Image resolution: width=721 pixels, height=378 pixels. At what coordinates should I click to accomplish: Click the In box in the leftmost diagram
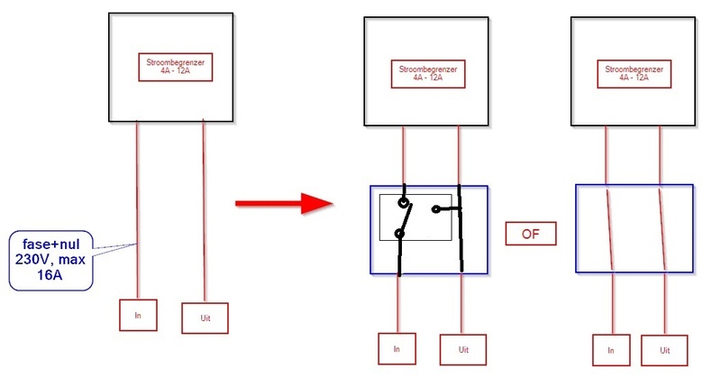(x=137, y=314)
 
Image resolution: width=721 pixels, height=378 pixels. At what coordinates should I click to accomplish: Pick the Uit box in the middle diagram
(x=463, y=348)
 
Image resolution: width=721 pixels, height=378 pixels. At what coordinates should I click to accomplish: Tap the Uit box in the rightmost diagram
(x=664, y=349)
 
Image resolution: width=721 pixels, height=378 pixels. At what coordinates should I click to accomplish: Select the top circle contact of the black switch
(x=404, y=203)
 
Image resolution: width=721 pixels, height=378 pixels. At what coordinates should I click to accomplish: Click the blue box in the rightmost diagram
(x=634, y=229)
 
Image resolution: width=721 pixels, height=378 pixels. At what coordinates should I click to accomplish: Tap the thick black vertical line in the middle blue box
(x=461, y=229)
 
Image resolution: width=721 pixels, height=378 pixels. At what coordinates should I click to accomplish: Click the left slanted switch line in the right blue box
(x=611, y=229)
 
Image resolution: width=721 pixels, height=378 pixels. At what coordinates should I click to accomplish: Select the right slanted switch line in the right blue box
(x=664, y=229)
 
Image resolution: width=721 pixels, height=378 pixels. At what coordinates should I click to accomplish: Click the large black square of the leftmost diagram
(x=170, y=36)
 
